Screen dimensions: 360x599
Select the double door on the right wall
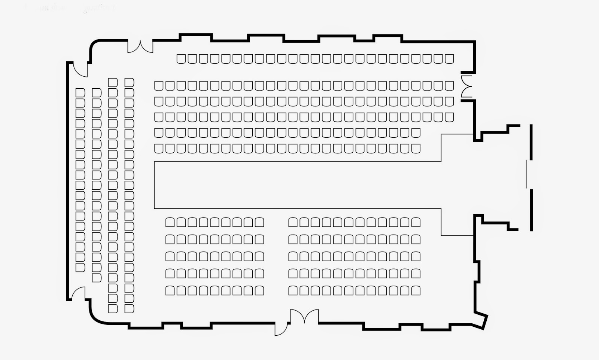pyautogui.click(x=466, y=86)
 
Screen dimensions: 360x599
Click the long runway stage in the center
pyautogui.click(x=298, y=185)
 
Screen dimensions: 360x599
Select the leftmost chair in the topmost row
pyautogui.click(x=181, y=59)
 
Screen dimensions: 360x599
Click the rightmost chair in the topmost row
pyautogui.click(x=449, y=59)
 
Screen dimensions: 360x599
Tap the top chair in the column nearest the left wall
pyautogui.click(x=80, y=92)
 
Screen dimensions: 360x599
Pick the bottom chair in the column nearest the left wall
pyautogui.click(x=80, y=268)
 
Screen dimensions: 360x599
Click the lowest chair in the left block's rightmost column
pyautogui.click(x=129, y=309)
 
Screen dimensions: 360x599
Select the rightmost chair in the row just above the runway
pyautogui.click(x=416, y=149)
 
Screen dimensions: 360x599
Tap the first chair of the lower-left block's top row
pyautogui.click(x=170, y=222)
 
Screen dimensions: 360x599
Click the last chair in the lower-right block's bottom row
pyautogui.click(x=416, y=290)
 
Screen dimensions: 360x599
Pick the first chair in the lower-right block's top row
pyautogui.click(x=293, y=222)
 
